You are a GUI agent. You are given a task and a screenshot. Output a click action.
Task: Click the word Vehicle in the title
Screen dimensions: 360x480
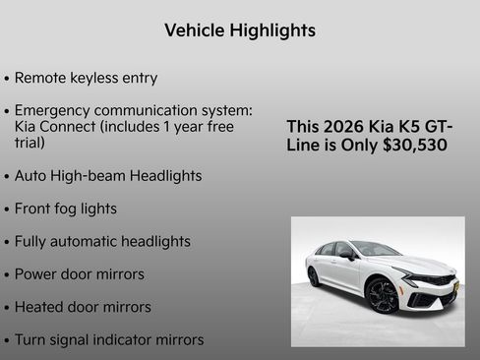(194, 30)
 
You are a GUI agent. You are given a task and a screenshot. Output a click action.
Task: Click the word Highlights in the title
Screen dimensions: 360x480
(270, 30)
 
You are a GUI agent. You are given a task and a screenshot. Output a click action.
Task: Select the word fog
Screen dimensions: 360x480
(72, 209)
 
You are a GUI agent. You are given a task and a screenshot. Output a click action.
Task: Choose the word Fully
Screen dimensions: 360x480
(32, 241)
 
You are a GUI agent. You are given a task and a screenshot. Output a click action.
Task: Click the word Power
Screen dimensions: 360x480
(37, 273)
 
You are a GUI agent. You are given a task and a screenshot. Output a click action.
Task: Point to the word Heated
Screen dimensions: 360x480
(40, 307)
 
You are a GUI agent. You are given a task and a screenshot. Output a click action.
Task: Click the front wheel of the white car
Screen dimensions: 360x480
(382, 295)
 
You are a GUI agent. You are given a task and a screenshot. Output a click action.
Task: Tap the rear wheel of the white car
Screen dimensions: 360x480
(314, 277)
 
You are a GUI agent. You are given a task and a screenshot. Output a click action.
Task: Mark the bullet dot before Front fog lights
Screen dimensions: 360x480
(7, 210)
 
